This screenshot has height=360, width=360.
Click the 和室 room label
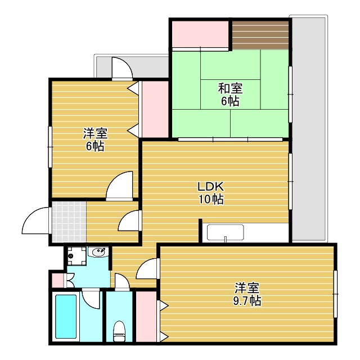point(229,88)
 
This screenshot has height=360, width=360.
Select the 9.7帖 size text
point(247,301)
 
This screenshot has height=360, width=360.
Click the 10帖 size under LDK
point(211,200)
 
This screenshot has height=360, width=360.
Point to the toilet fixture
point(119,330)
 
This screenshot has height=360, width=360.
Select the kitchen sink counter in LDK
point(225,233)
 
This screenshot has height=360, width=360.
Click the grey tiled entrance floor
point(69,221)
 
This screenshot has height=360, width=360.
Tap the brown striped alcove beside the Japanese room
point(260,35)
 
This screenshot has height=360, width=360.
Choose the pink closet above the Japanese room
point(200,35)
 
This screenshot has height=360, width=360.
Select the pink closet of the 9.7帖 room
point(146,316)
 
